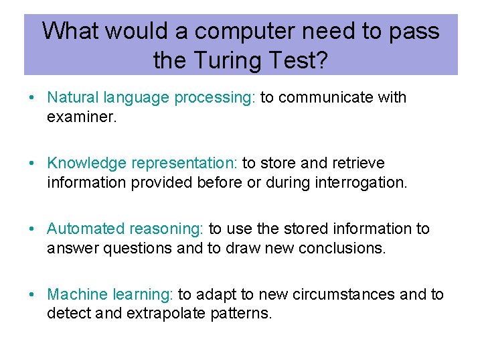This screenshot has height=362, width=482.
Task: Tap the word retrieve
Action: [x=359, y=163]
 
